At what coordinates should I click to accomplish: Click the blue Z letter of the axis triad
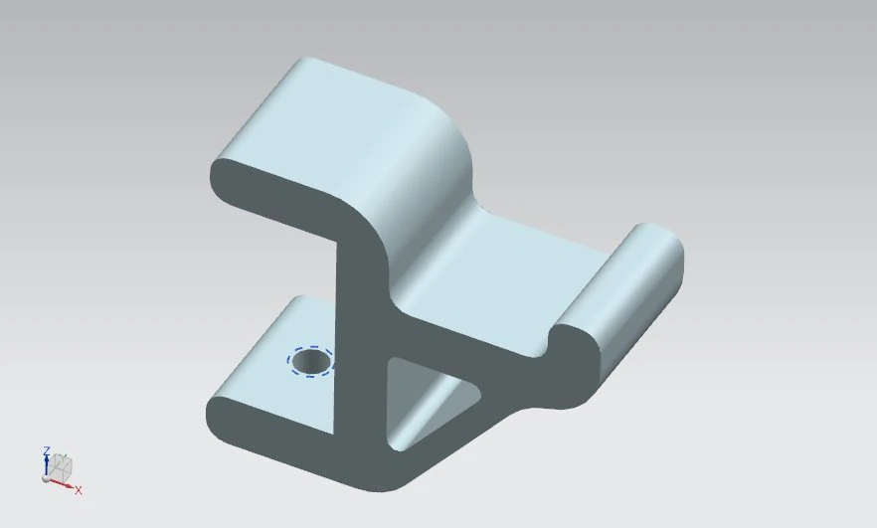point(47,451)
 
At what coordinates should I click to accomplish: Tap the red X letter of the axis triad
point(79,490)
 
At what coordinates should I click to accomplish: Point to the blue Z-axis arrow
point(47,465)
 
